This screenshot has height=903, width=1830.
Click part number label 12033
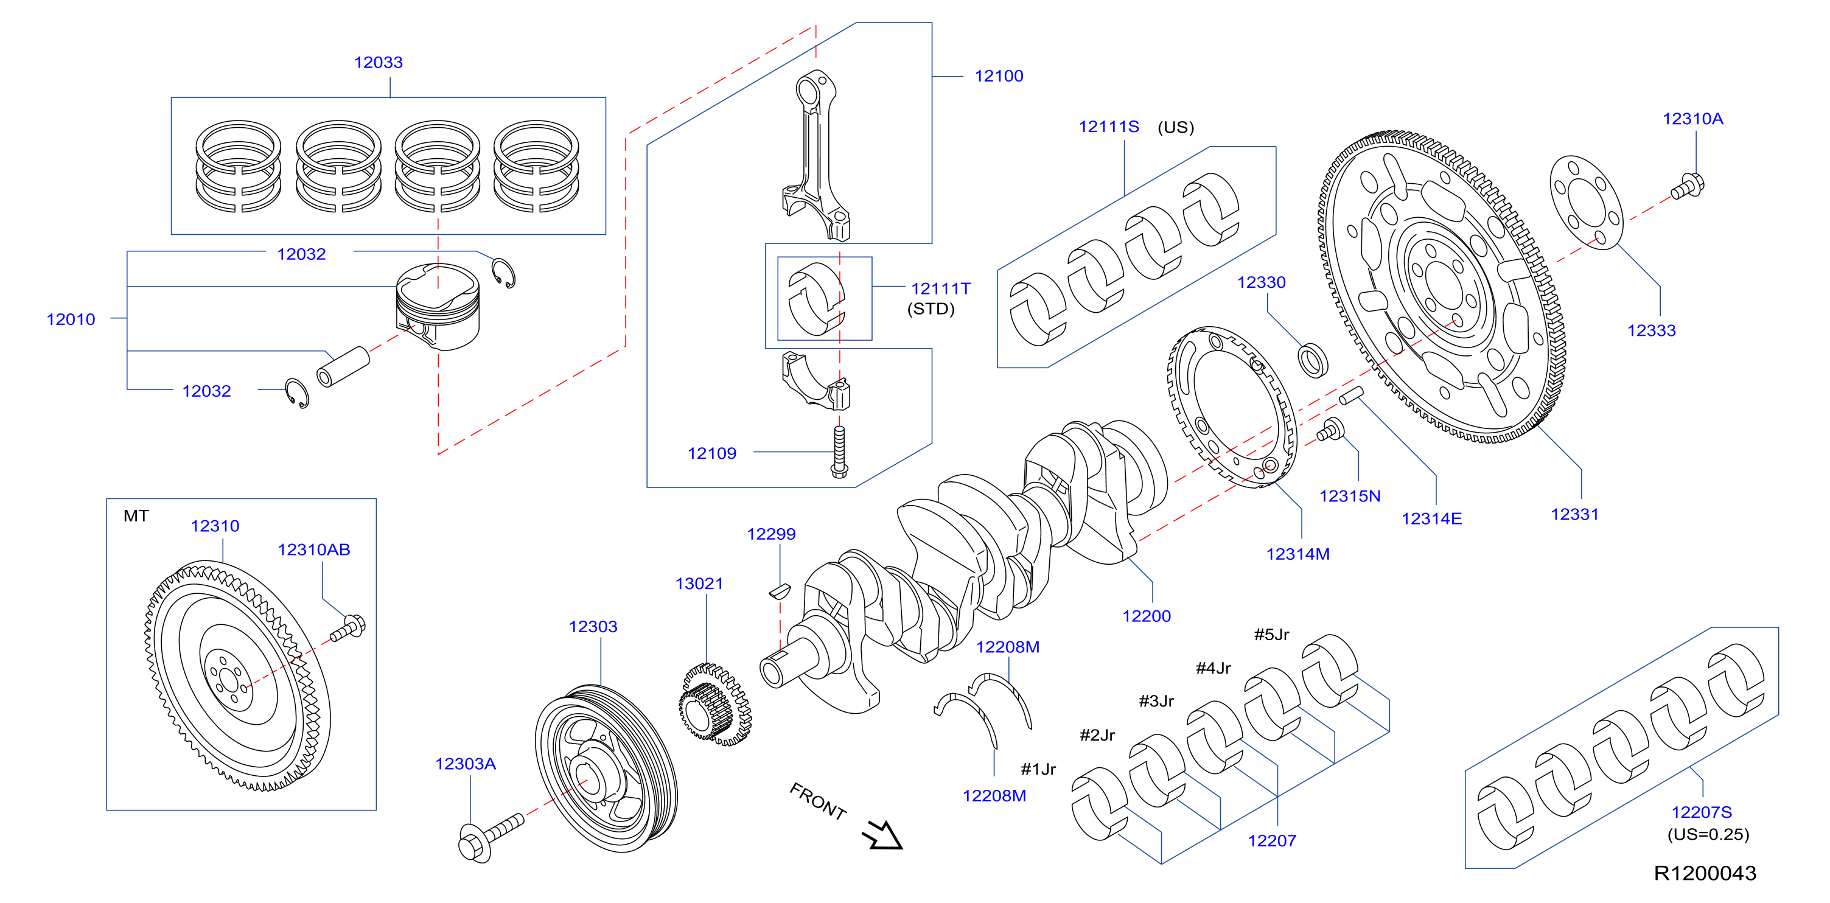coord(378,63)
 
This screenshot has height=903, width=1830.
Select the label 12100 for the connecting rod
coord(999,76)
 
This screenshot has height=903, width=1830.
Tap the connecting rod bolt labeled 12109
coord(839,452)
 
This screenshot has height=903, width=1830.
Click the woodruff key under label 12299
coord(780,590)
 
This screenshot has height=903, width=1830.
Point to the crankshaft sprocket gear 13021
coord(714,704)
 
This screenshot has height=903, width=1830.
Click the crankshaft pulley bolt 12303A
coord(490,838)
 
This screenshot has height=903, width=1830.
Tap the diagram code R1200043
coord(1705,873)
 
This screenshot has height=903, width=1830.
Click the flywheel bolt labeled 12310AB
coord(348,628)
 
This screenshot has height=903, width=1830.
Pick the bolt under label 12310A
coord(1687,186)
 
